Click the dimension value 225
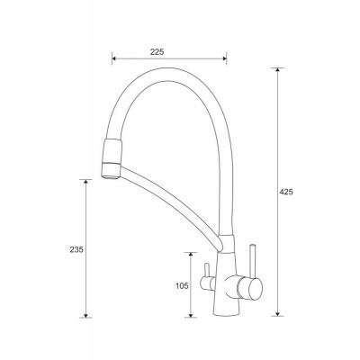pos(157,52)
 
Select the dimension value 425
pos(286,193)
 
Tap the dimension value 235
pos(76,249)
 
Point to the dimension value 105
pos(182,286)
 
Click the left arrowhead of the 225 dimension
pos(114,58)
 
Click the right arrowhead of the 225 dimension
pos(224,58)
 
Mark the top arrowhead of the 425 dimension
pos(278,70)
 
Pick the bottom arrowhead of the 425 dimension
pos(278,313)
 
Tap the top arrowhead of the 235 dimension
pos(85,182)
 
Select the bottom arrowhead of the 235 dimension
pos(85,315)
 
